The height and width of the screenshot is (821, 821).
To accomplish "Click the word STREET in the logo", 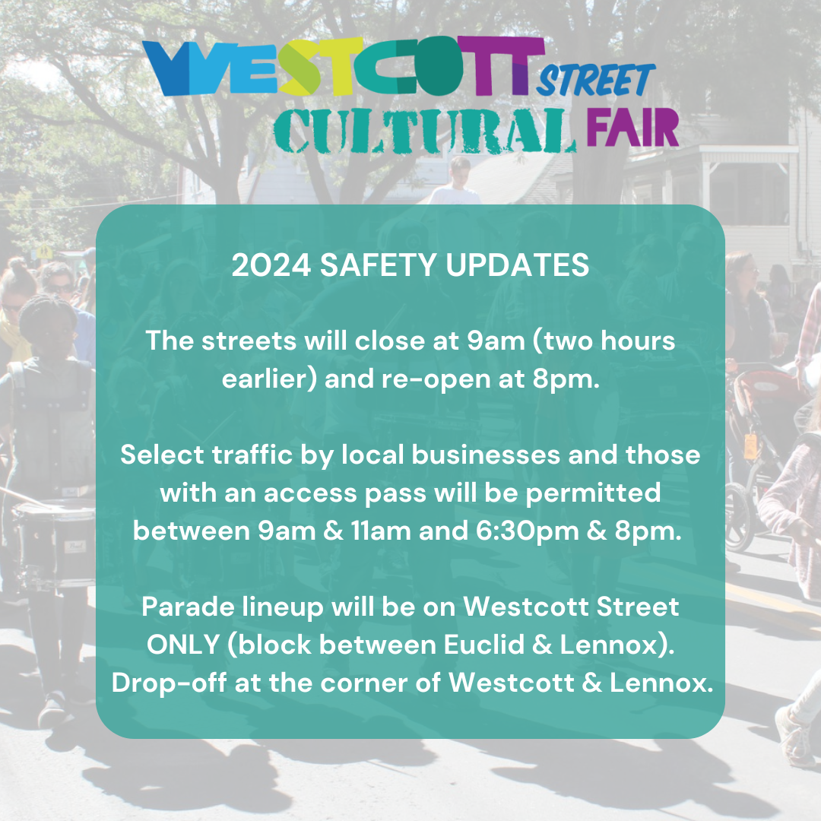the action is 596,80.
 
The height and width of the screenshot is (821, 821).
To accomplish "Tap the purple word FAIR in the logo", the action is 632,128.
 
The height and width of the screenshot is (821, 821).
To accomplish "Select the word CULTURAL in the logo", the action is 425,132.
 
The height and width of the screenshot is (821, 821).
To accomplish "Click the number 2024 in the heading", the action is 271,265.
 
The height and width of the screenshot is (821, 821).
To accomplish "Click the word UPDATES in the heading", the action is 518,265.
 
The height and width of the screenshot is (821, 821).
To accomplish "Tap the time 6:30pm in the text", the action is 528,531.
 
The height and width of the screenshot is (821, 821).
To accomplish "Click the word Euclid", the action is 484,645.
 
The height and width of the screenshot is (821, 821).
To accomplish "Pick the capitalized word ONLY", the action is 182,645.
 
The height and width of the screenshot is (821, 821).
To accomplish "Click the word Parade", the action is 188,607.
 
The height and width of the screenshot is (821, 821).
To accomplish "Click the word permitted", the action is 593,493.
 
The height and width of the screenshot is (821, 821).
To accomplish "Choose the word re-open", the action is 436,379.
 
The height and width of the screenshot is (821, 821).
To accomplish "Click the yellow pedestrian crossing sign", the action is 45,252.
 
